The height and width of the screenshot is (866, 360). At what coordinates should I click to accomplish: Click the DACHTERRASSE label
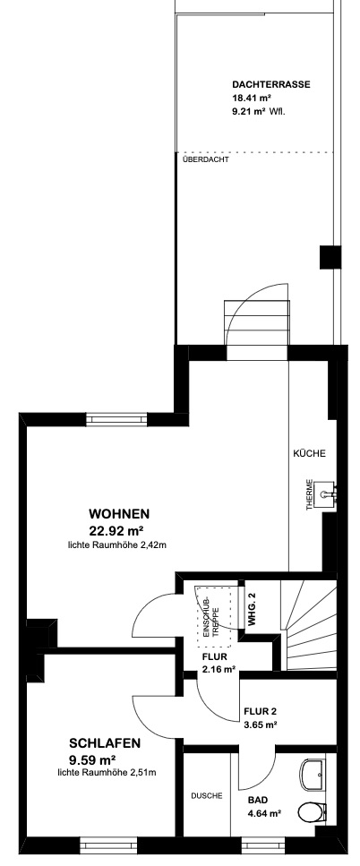click(271, 85)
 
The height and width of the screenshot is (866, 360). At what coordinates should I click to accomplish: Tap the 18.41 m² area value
click(252, 99)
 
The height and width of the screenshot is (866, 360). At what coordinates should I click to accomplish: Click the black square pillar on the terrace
click(330, 257)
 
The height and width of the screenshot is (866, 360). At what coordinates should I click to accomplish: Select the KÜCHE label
click(309, 453)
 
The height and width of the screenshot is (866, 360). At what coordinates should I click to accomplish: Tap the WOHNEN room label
click(119, 514)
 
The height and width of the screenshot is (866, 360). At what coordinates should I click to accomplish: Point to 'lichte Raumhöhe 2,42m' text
click(116, 545)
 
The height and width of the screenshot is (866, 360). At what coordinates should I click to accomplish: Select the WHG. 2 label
click(253, 609)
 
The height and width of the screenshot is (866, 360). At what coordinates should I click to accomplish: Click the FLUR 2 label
click(260, 711)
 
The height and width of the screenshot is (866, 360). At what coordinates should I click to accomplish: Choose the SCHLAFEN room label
click(105, 742)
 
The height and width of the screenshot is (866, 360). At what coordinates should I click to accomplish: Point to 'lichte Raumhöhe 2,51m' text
click(107, 773)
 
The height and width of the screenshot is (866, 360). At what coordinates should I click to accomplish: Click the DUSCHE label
click(207, 796)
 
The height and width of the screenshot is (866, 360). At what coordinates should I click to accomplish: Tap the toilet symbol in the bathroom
click(311, 812)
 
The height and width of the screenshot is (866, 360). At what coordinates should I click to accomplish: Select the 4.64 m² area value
click(265, 813)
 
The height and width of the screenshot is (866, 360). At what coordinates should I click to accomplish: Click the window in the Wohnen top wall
click(117, 420)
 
